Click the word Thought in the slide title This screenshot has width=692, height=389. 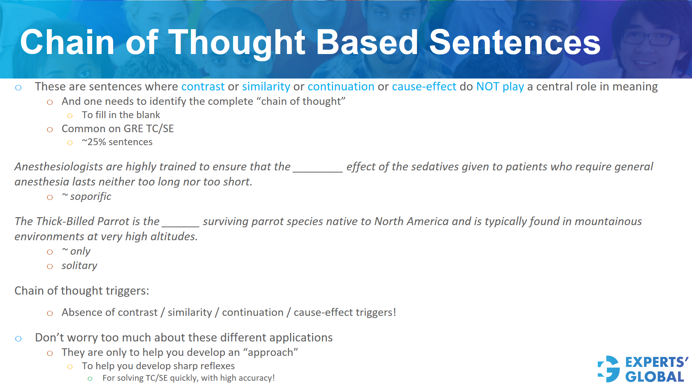237,43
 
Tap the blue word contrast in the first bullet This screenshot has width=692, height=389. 203,87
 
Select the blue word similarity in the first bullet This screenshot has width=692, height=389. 266,87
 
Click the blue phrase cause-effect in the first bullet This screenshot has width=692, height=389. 424,87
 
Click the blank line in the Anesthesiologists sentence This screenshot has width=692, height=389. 318,169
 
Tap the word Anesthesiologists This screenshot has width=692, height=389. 59,167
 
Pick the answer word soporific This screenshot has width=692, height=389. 90,197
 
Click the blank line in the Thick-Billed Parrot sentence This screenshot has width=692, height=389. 180,224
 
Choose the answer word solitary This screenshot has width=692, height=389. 79,266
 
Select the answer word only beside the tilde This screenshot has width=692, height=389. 80,251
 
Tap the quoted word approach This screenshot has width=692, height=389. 270,353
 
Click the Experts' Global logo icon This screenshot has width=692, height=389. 609,369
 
